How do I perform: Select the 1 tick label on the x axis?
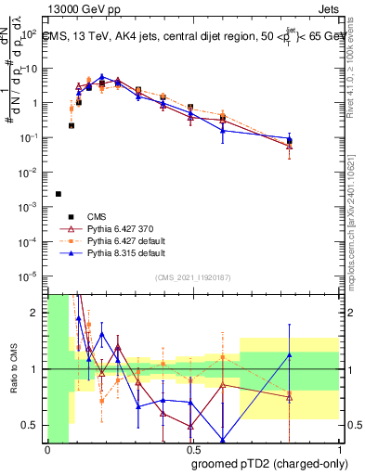(x=338, y=450)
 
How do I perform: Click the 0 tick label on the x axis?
(x=46, y=450)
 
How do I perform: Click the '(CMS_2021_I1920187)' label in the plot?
(x=193, y=277)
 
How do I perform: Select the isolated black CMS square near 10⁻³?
(x=59, y=194)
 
